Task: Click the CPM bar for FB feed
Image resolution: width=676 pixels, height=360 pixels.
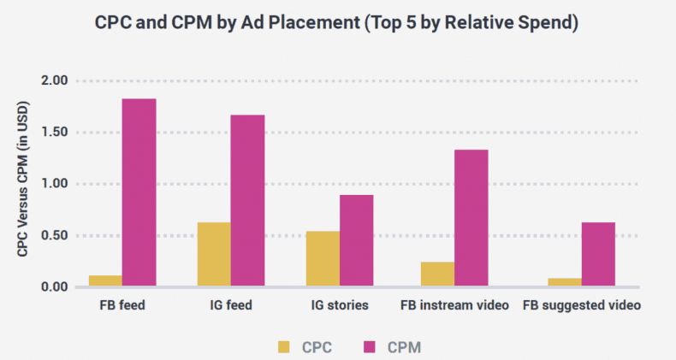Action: coord(139,192)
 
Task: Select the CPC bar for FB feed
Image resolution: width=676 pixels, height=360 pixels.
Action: coord(105,280)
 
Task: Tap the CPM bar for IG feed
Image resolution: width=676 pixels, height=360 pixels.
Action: coord(247,200)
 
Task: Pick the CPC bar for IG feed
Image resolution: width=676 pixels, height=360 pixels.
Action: coord(214,254)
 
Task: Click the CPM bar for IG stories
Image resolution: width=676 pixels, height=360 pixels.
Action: coord(356,240)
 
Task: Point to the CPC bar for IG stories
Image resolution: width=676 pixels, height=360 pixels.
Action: coord(323,258)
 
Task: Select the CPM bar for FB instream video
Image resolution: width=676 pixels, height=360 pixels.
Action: coord(471,218)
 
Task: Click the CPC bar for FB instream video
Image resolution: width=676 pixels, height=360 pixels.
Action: coord(437,274)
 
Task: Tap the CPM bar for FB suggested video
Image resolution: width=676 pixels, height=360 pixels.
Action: coord(598,254)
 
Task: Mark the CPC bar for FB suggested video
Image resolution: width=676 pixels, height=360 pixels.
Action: coord(565,281)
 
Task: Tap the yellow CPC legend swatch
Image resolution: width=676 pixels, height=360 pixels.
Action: coord(284,346)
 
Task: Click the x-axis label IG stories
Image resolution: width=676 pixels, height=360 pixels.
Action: coord(340,305)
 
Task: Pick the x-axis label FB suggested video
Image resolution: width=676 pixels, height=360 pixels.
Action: coord(582,305)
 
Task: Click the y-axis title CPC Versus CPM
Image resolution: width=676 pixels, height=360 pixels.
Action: coord(23,183)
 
